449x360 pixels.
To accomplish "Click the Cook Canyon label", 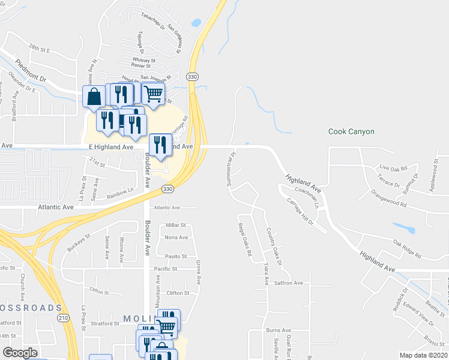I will coord(351,131).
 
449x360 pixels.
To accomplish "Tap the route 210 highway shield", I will coord(63,318).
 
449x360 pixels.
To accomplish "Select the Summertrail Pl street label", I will coord(231,169).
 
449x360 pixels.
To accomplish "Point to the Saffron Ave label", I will coord(289,283).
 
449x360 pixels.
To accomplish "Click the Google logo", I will coord(20,353).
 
